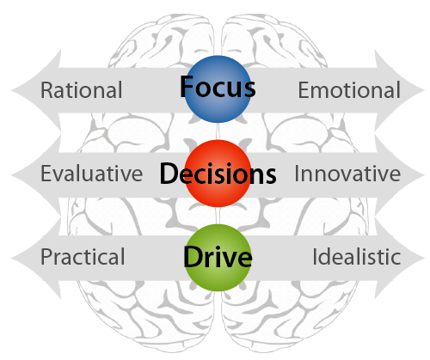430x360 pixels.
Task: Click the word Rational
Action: coord(82,90)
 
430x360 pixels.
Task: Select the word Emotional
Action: coord(349,90)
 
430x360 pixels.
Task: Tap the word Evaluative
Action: coord(91,174)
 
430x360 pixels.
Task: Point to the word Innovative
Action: coord(347,174)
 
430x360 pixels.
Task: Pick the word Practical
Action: coord(83,257)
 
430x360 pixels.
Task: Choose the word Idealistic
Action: coord(356,257)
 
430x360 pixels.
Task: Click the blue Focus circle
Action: coord(218,89)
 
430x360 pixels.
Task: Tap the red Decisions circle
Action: coord(218,174)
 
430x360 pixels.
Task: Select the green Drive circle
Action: coord(218,258)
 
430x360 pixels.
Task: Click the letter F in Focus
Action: coord(187,87)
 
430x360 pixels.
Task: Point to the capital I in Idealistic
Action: coord(315,257)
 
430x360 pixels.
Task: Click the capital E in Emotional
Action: coord(304,90)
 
